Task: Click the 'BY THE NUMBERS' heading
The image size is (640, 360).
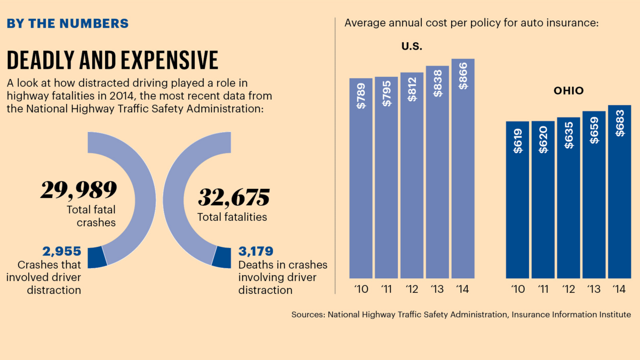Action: tap(67, 23)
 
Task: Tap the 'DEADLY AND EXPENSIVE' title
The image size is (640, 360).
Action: tap(112, 60)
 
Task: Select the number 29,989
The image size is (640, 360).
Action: tap(79, 190)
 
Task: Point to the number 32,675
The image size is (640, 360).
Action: tap(234, 197)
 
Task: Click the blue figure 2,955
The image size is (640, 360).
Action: tap(61, 251)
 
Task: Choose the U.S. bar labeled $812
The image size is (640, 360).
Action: tap(412, 175)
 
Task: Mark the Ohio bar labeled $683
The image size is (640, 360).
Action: tap(619, 191)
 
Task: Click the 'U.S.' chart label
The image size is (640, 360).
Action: tap(412, 46)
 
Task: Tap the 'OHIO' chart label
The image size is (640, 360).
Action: tap(569, 91)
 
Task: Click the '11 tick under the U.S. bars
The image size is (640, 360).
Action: tap(386, 290)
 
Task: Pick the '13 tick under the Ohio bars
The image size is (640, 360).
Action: tap(594, 290)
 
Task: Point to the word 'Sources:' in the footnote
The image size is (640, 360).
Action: tap(308, 315)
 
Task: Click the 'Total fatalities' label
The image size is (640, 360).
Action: tap(232, 217)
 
